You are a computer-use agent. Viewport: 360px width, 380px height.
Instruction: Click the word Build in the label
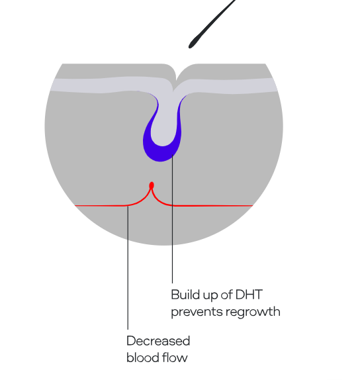coord(183,295)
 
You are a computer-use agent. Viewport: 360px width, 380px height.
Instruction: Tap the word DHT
coord(249,295)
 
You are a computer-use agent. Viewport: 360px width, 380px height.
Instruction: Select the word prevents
coord(197,312)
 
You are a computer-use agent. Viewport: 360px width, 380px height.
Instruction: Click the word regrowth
coord(253,312)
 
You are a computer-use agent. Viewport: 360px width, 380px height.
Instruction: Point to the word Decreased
coord(158,341)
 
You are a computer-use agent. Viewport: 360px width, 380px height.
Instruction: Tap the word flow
coord(175,357)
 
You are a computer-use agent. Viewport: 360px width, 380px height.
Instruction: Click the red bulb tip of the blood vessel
coord(152,185)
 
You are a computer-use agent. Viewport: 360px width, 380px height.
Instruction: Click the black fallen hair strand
coord(212,24)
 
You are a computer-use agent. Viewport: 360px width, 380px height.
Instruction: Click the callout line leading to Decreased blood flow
coord(128,267)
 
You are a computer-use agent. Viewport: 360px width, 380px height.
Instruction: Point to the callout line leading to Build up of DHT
coord(172,218)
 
